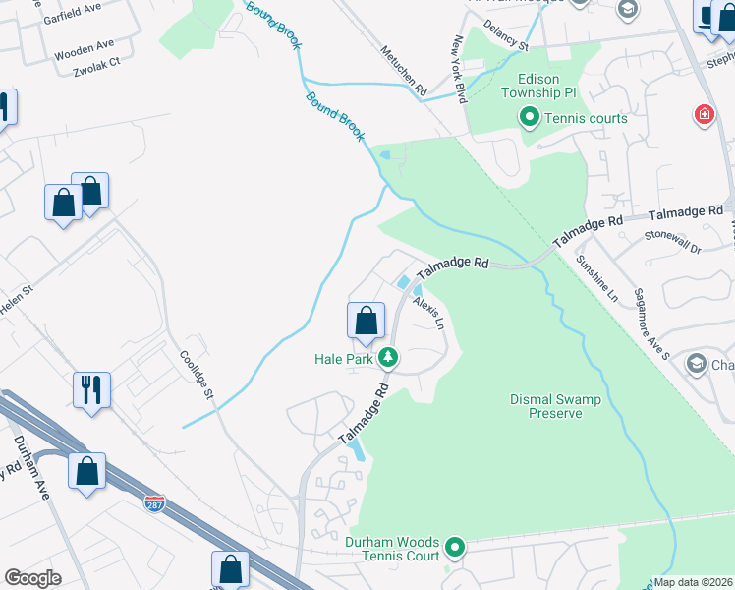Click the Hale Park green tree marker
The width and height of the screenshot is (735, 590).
tap(389, 358)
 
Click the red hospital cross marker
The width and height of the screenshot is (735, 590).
tap(704, 115)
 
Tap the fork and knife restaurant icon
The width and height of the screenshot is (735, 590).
tap(92, 388)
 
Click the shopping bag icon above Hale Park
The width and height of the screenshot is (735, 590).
tap(366, 321)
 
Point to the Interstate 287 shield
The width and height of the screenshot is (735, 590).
tap(154, 503)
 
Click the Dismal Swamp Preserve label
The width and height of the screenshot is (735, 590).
tap(546, 406)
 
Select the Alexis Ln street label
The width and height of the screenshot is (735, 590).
tap(429, 312)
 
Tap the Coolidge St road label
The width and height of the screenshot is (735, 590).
tap(196, 374)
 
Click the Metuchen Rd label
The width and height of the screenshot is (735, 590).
tap(404, 70)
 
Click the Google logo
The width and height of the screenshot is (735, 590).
tap(32, 578)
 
